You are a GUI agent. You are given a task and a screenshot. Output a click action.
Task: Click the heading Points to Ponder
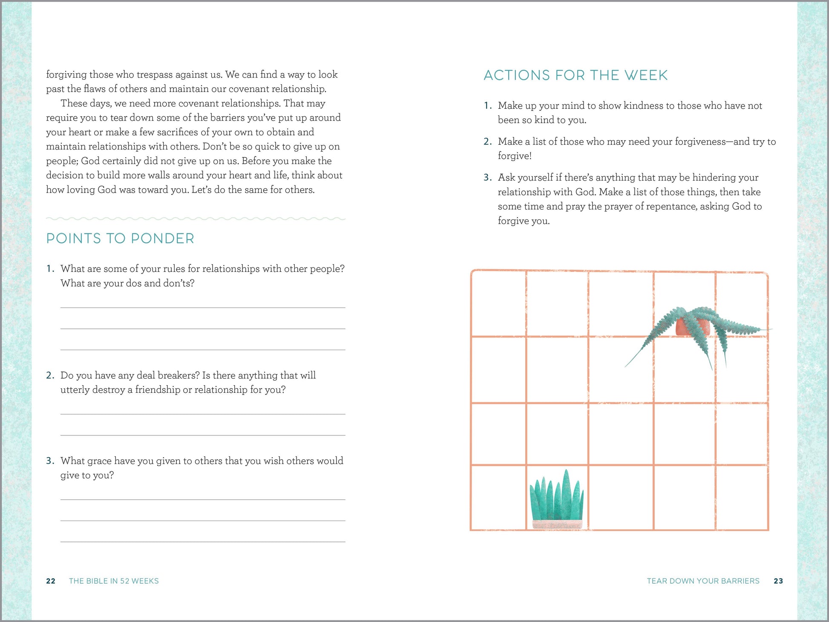pos(120,239)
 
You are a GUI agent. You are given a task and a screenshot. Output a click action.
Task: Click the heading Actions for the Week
pos(576,75)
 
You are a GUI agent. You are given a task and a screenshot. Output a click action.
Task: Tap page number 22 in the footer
pos(51,581)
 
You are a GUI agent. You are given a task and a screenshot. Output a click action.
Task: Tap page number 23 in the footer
pos(778,581)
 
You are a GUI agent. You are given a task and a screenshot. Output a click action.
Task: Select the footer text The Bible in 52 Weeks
pos(114,581)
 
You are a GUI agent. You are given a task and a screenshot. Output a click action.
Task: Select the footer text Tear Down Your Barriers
pos(703,581)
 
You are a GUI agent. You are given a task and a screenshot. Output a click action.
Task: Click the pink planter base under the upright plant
pos(557,524)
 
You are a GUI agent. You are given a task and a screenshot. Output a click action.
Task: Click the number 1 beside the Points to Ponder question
pos(50,269)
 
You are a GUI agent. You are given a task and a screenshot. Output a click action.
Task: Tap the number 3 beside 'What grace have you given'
pos(50,461)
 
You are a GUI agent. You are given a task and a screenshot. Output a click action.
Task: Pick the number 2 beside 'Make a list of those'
pos(487,141)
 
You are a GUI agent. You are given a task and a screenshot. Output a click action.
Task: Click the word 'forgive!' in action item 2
pos(515,156)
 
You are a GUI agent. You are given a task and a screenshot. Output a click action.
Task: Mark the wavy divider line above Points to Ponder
pos(196,219)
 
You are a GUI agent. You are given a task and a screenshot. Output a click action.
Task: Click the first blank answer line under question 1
pos(203,307)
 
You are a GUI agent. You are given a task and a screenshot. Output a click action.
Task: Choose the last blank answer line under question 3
pos(203,541)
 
